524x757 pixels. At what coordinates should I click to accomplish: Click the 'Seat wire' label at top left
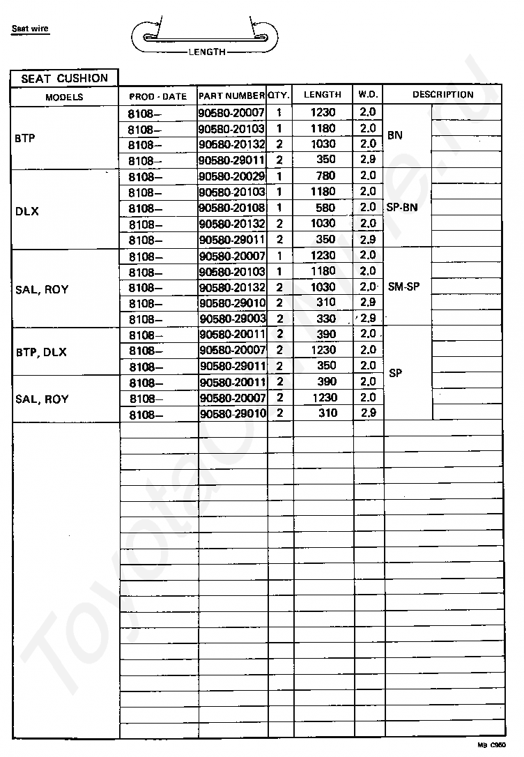pyautogui.click(x=30, y=29)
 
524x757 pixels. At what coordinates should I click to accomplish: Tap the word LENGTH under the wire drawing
pyautogui.click(x=207, y=52)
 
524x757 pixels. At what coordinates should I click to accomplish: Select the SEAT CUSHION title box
pyautogui.click(x=65, y=79)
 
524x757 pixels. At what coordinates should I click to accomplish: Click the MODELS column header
pyautogui.click(x=64, y=97)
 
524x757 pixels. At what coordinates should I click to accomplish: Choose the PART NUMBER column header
pyautogui.click(x=232, y=95)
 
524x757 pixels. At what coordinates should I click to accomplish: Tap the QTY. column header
pyautogui.click(x=279, y=95)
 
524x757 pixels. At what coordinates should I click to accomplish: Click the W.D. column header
pyautogui.click(x=367, y=95)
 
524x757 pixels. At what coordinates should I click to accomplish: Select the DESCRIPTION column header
pyautogui.click(x=442, y=95)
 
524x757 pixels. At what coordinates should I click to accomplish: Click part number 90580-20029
pyautogui.click(x=232, y=176)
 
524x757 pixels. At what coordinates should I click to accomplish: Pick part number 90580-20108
pyautogui.click(x=232, y=208)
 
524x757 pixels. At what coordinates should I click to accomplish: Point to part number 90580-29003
pyautogui.click(x=232, y=319)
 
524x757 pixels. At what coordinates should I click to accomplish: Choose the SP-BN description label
pyautogui.click(x=402, y=207)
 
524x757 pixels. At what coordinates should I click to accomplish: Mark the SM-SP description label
pyautogui.click(x=404, y=286)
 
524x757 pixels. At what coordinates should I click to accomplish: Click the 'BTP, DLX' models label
pyautogui.click(x=41, y=352)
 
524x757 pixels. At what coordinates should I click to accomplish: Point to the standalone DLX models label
pyautogui.click(x=26, y=211)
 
